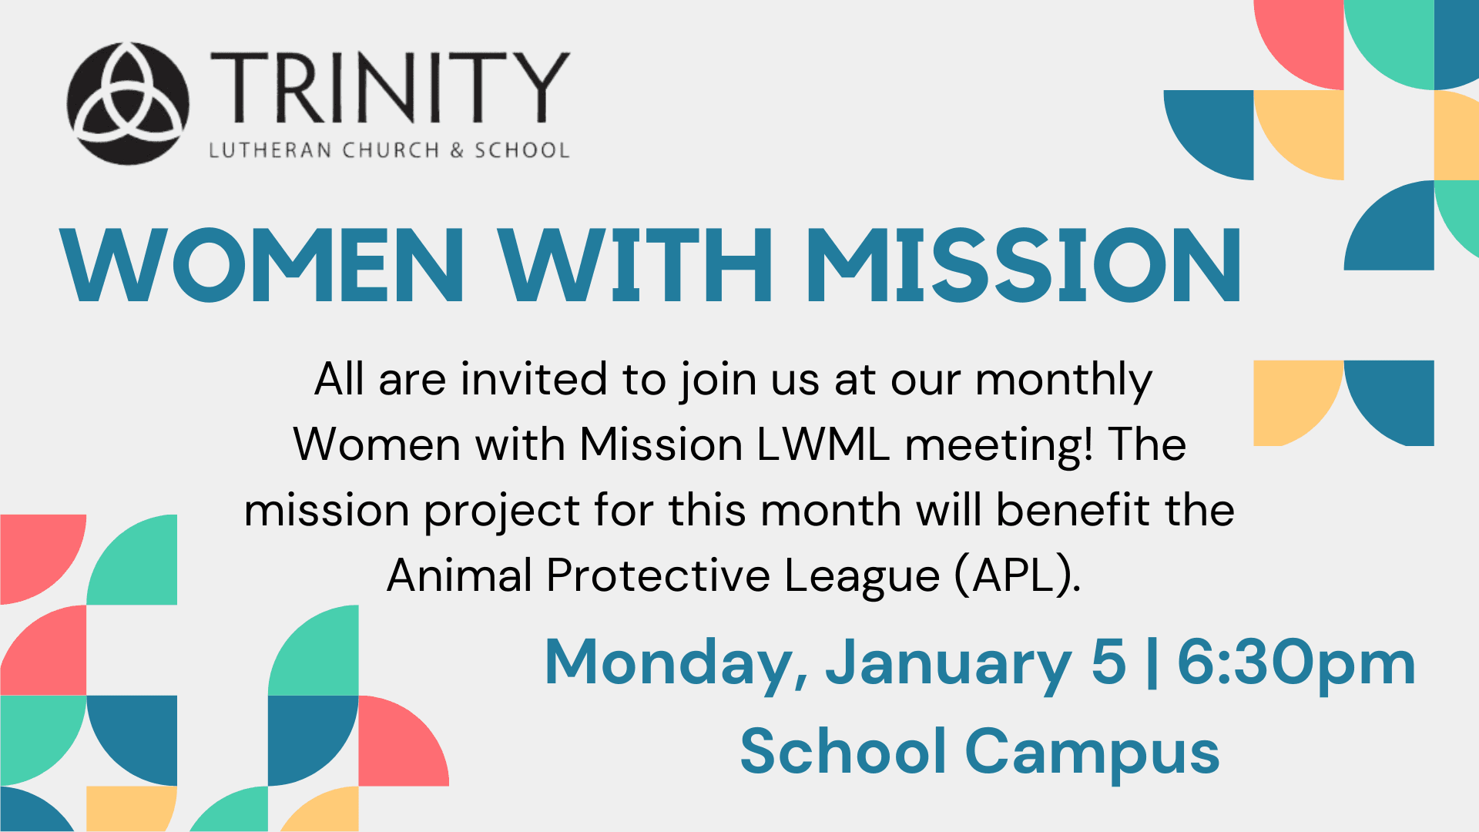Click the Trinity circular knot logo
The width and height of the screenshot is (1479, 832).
(128, 103)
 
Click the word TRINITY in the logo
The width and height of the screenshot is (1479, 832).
(390, 88)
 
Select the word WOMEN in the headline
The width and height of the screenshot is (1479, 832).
(263, 265)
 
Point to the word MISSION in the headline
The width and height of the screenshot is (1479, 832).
(1023, 265)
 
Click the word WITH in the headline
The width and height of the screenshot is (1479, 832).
(636, 265)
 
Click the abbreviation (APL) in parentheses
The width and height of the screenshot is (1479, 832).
(1018, 575)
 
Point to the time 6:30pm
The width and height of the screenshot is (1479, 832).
(1296, 664)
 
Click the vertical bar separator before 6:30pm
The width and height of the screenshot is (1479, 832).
(1152, 664)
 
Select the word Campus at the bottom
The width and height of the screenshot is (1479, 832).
(1092, 753)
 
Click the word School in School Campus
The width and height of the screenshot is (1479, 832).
(843, 751)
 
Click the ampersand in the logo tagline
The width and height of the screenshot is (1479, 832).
(458, 149)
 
